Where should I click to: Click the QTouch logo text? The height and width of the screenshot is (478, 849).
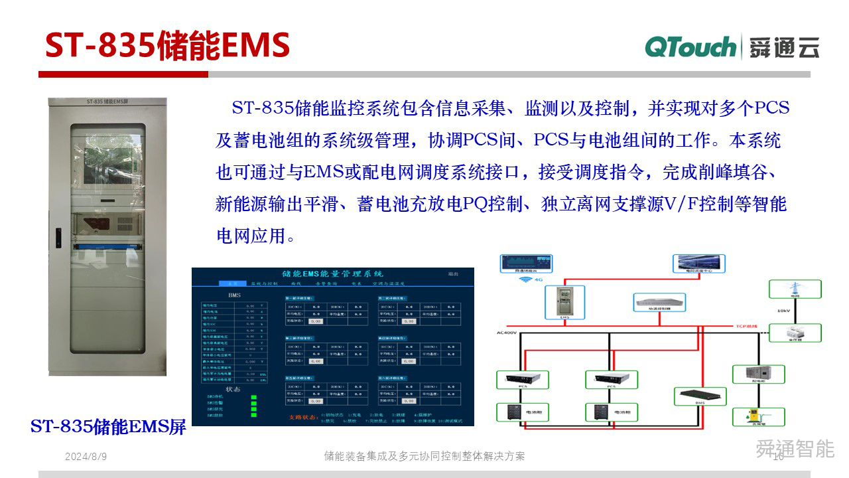pyautogui.click(x=690, y=47)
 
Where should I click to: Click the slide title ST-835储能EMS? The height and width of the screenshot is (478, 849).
pyautogui.click(x=167, y=46)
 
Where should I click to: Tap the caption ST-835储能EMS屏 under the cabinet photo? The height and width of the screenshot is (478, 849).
pyautogui.click(x=109, y=426)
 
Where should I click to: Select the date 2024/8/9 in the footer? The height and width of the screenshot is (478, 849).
pyautogui.click(x=86, y=457)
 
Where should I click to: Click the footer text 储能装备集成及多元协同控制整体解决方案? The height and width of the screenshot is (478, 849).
pyautogui.click(x=424, y=457)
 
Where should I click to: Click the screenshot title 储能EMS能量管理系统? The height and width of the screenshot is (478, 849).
pyautogui.click(x=332, y=274)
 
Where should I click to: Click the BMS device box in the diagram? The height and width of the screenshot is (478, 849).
pyautogui.click(x=700, y=396)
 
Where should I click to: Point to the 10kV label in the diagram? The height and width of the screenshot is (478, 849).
pyautogui.click(x=783, y=310)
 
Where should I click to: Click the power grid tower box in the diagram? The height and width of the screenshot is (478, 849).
pyautogui.click(x=795, y=289)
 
